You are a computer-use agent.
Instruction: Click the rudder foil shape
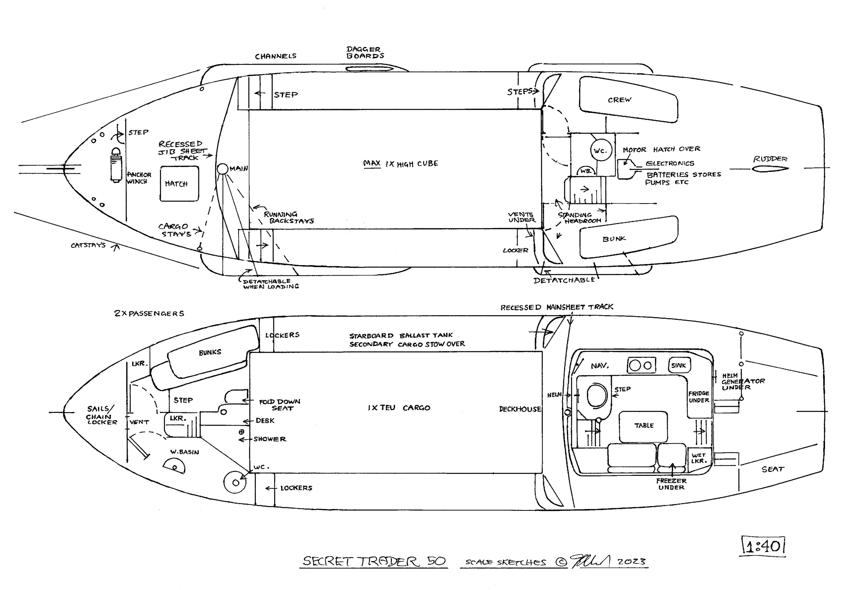[770, 169]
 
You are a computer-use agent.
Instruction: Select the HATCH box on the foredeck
[179, 184]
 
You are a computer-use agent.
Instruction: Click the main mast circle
[222, 169]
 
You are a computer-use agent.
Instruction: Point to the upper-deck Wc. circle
[600, 150]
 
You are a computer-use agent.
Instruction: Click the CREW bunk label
[619, 100]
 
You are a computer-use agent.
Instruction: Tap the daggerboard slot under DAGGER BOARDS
[363, 69]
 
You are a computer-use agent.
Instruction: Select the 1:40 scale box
[763, 547]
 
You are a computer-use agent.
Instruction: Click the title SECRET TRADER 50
[374, 561]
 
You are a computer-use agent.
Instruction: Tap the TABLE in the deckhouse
[644, 426]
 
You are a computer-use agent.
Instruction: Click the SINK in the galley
[679, 365]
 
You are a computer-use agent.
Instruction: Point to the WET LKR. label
[698, 458]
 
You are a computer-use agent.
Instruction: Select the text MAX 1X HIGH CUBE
[400, 164]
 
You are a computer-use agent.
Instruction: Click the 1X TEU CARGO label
[399, 408]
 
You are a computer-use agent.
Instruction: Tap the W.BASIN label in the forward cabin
[184, 452]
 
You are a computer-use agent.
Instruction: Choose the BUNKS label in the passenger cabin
[210, 352]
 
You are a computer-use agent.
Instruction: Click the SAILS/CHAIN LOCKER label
[101, 415]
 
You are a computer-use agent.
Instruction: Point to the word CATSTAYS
[88, 245]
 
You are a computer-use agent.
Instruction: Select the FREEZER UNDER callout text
[671, 484]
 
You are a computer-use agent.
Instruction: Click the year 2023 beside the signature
[631, 562]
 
